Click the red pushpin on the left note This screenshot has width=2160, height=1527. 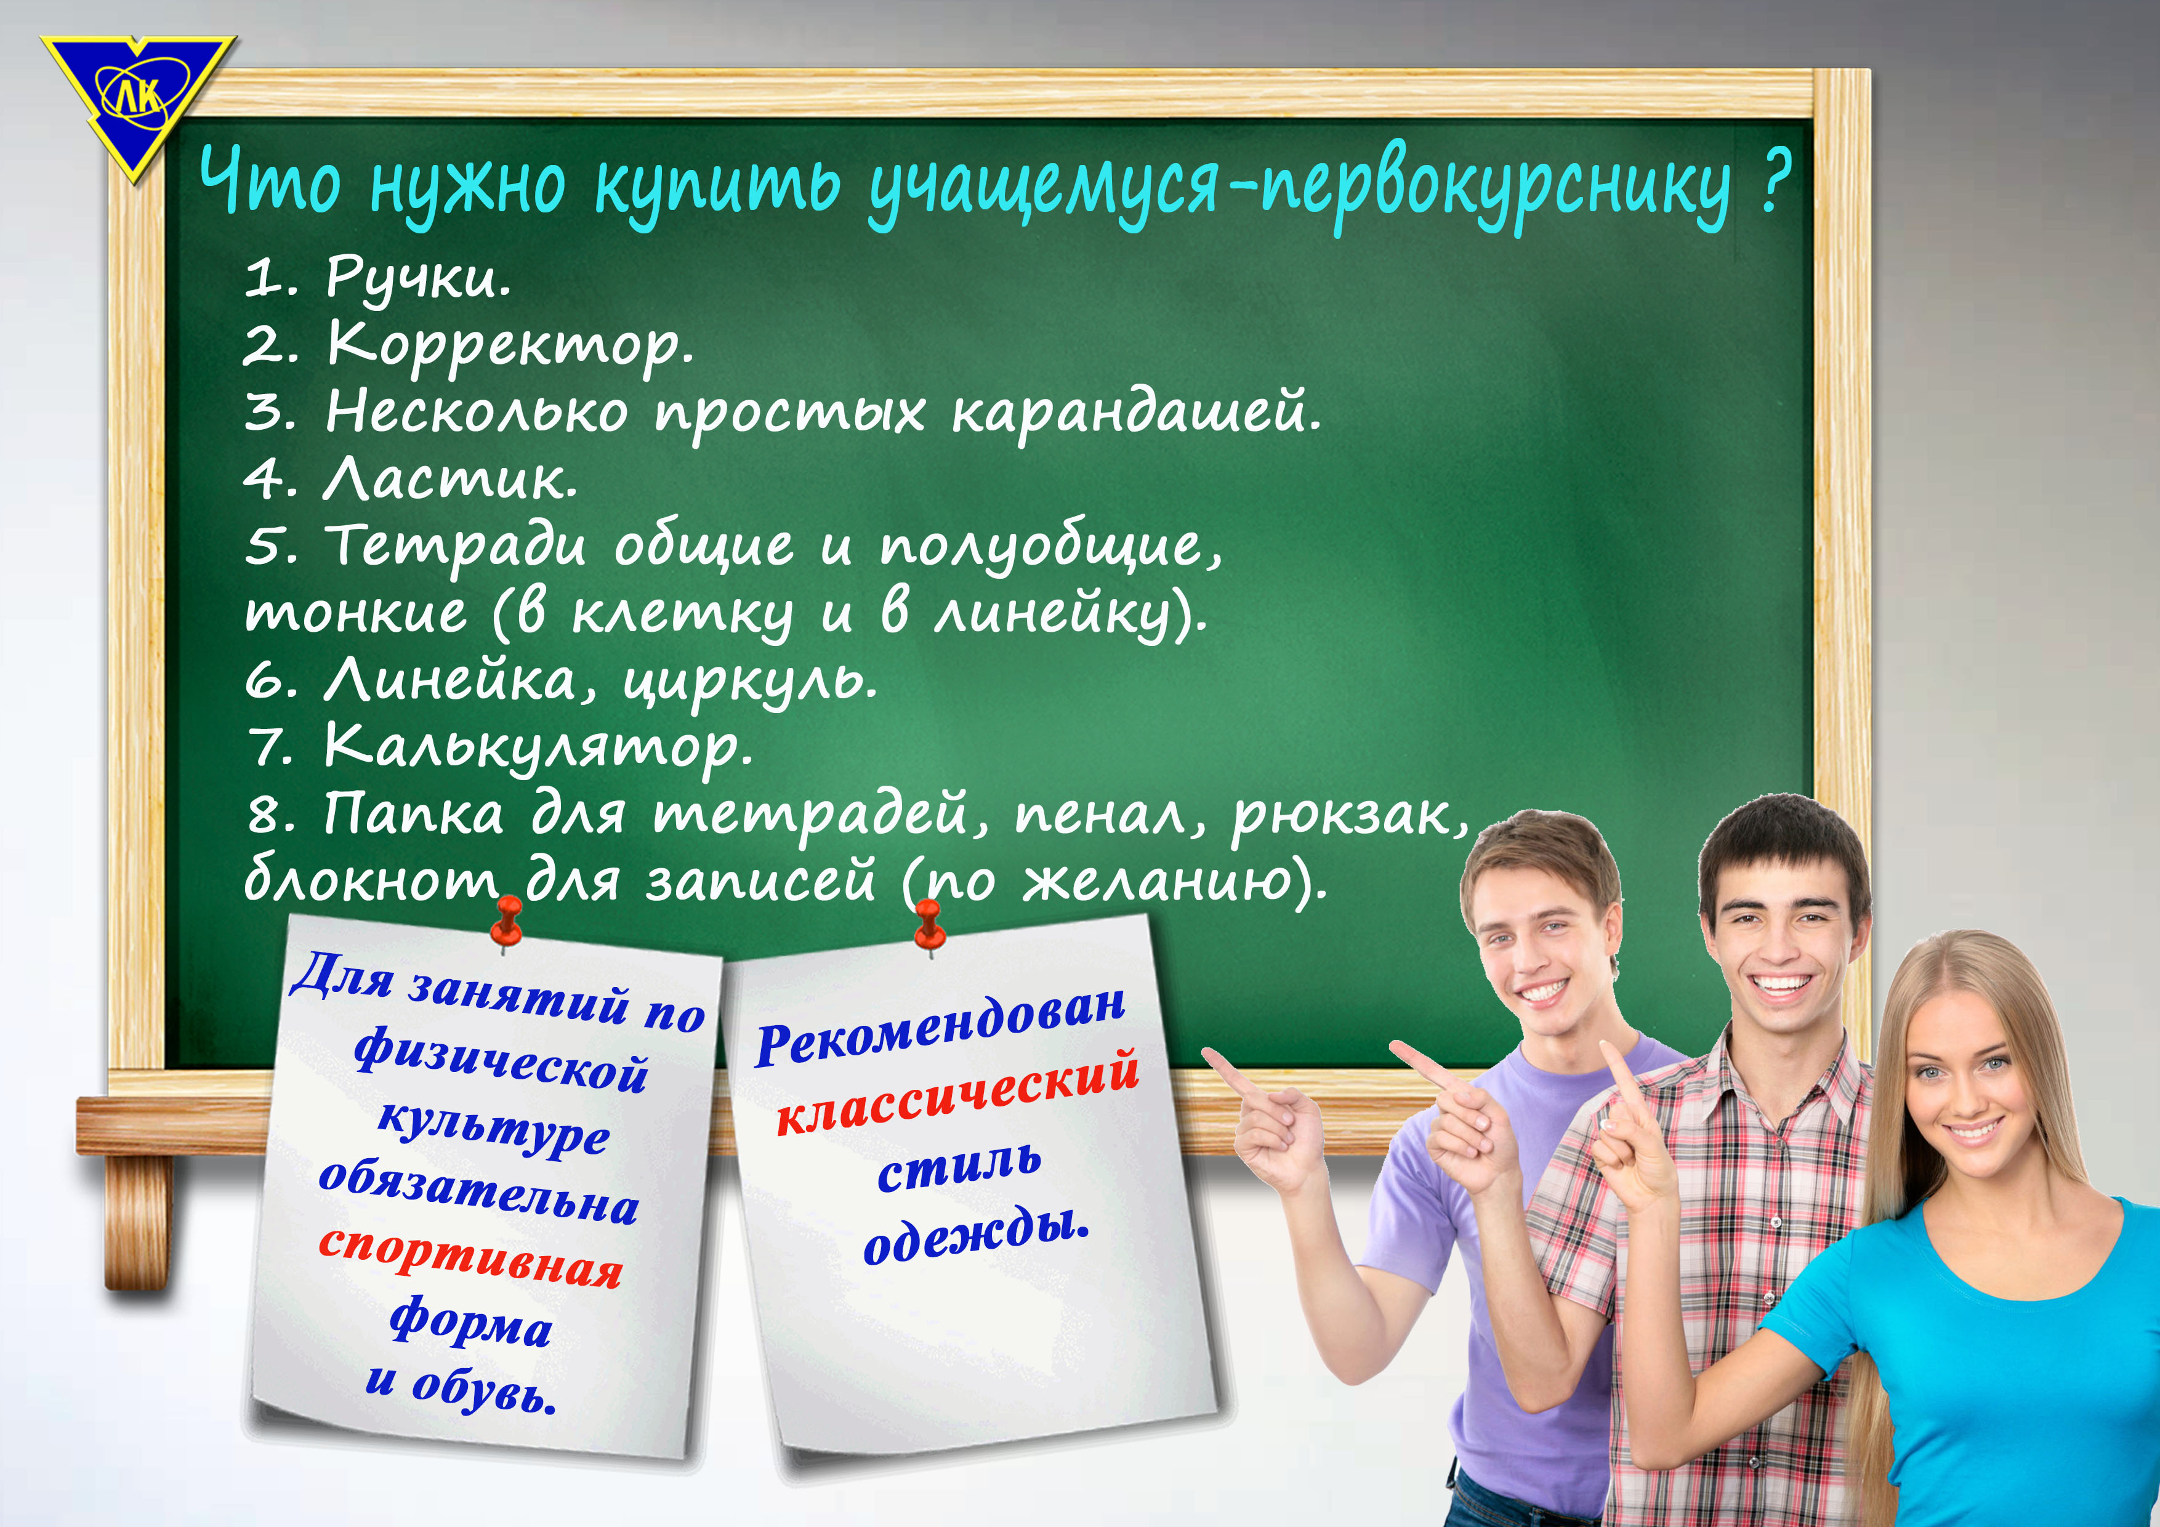pos(507,919)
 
